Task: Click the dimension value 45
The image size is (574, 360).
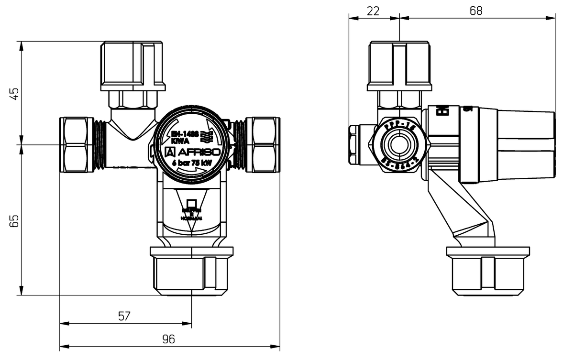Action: [14, 94]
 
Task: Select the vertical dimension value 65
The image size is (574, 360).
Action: [14, 220]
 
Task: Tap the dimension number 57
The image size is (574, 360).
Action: [124, 316]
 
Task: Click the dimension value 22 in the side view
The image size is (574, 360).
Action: [373, 11]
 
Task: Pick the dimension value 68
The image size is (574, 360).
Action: [476, 11]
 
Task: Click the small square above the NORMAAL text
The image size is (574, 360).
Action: [191, 203]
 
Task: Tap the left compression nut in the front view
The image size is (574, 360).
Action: [77, 144]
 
